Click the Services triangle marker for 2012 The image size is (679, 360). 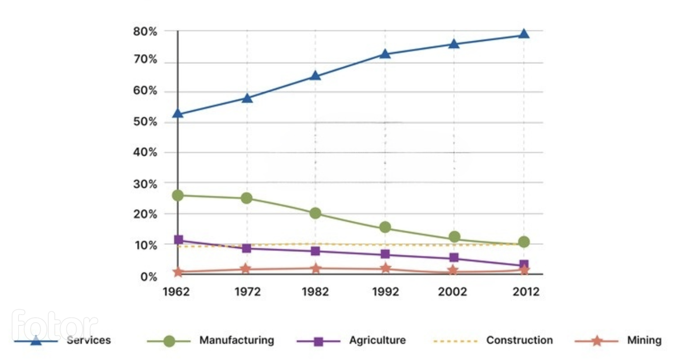[524, 34]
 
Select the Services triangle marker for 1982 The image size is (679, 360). [315, 76]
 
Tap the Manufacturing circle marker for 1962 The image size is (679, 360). [178, 195]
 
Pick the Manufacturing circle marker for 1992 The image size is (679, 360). [385, 227]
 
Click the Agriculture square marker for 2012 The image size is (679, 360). [524, 265]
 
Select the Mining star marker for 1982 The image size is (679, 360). [315, 268]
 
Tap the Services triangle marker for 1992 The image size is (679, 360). [385, 54]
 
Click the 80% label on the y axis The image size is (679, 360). [145, 32]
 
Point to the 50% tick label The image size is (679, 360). [145, 122]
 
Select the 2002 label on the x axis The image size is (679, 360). [453, 292]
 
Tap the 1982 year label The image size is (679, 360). [315, 292]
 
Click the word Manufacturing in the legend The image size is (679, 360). [237, 340]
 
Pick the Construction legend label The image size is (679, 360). [519, 340]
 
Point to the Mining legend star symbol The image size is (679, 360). [596, 341]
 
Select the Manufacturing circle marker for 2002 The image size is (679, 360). [454, 237]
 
